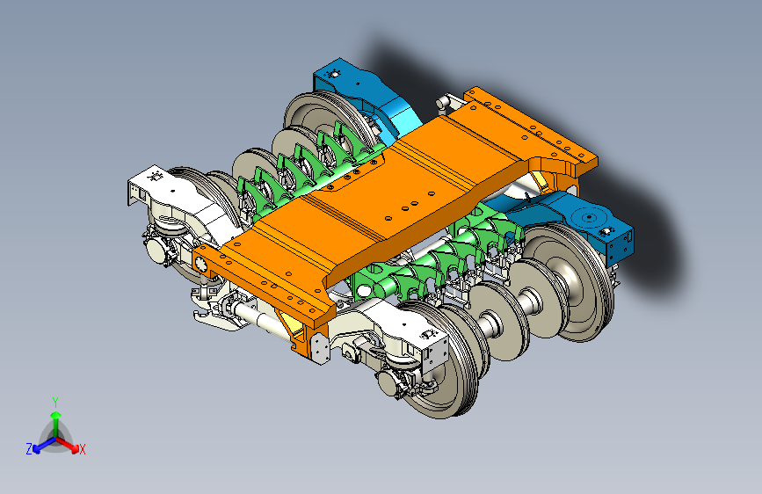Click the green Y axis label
(x=55, y=403)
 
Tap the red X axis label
(x=82, y=449)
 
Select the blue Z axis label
(x=29, y=449)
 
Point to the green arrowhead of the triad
(x=56, y=415)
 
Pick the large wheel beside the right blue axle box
(x=569, y=282)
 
